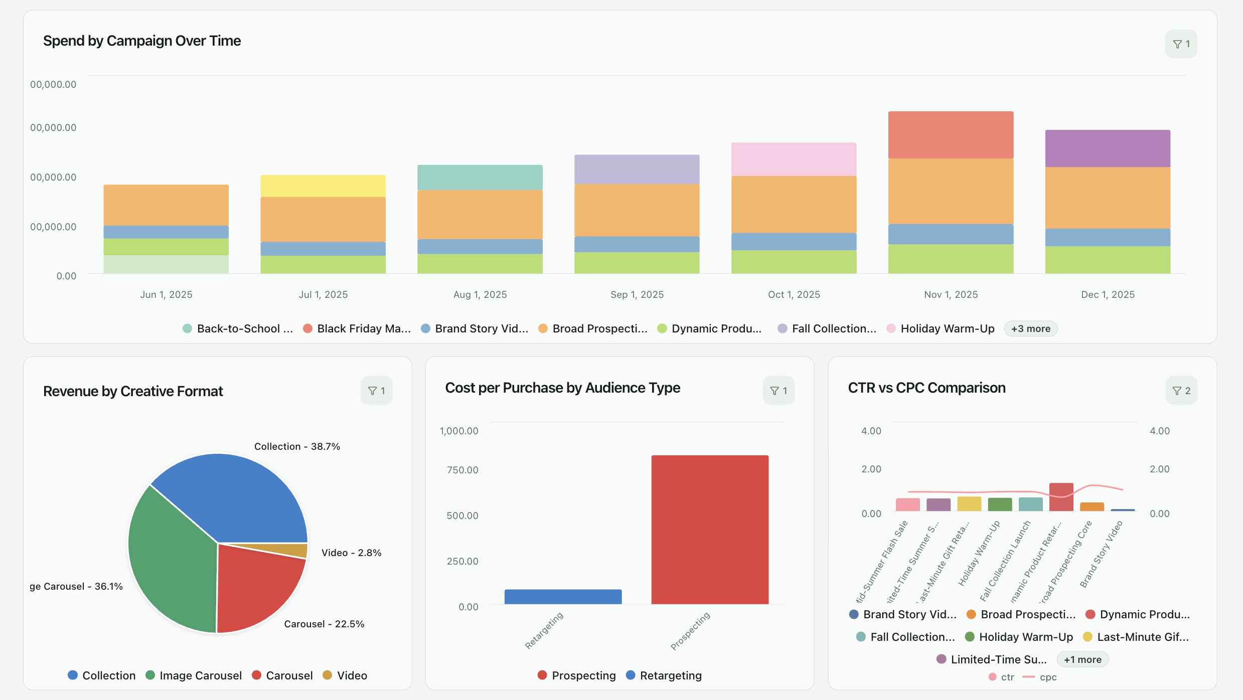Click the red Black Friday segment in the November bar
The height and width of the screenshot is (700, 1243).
951,135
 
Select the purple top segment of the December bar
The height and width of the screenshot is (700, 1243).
1108,148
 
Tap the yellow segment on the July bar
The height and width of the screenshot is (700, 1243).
323,186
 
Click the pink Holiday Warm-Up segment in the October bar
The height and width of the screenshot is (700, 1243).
794,159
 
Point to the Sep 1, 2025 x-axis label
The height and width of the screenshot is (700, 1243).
637,295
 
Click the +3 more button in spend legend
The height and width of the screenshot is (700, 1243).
1030,329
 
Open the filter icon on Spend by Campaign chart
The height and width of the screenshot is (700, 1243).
1181,44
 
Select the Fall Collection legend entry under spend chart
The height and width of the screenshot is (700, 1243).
828,329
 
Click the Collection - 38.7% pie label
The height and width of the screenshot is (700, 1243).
297,446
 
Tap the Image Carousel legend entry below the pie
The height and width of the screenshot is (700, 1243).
194,675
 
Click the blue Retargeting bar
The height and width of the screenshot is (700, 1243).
563,597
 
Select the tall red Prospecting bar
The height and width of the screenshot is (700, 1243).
710,529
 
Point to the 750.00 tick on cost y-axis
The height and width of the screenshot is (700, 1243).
462,470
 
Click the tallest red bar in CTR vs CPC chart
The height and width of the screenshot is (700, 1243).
1061,497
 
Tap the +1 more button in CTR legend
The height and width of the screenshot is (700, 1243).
1082,659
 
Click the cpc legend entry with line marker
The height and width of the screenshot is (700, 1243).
1040,677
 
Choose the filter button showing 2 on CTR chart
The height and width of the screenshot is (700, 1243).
1181,391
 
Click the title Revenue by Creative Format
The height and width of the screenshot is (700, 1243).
133,391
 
